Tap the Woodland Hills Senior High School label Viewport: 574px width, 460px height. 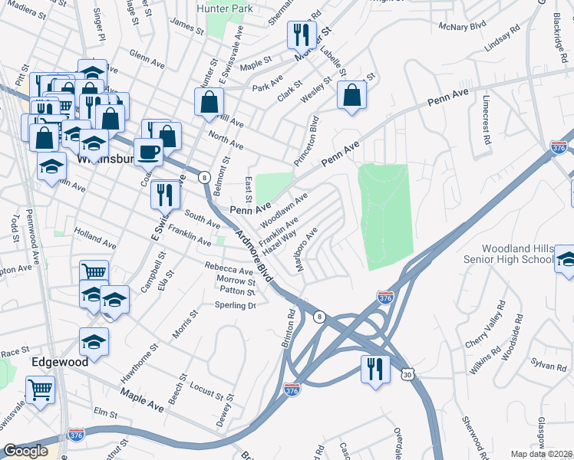pyautogui.click(x=517, y=255)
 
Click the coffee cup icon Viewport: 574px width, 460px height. pyautogui.click(x=148, y=152)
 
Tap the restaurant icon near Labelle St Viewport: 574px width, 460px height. pyautogui.click(x=300, y=35)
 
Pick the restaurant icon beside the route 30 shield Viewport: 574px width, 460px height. pyautogui.click(x=374, y=368)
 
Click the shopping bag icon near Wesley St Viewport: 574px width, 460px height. pyautogui.click(x=351, y=95)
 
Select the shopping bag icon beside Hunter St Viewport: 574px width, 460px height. pyautogui.click(x=209, y=102)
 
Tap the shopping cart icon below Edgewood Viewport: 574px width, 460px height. pyautogui.click(x=39, y=389)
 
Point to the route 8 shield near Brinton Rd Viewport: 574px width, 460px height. pyautogui.click(x=318, y=316)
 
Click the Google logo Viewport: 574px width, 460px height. pyautogui.click(x=25, y=451)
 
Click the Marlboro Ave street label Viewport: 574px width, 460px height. pyautogui.click(x=304, y=248)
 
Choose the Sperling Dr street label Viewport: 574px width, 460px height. pyautogui.click(x=235, y=305)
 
